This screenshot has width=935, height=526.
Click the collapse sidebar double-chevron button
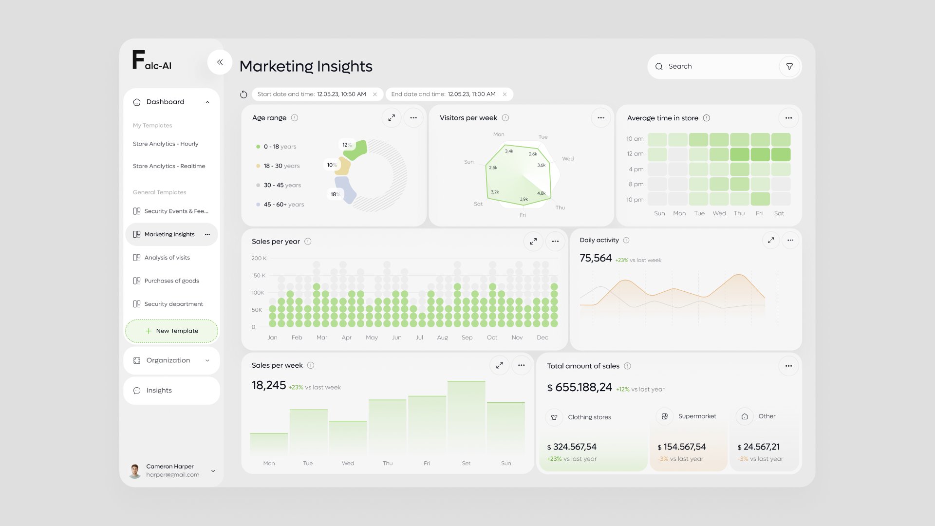220,62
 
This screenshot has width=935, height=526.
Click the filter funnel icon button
789,66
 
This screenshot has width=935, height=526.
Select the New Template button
171,331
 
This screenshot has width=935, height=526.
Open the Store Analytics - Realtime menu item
169,166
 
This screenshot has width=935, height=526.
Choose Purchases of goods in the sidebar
171,281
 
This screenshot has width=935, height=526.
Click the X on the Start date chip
375,94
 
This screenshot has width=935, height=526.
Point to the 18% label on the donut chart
335,194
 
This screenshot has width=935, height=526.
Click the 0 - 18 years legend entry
276,147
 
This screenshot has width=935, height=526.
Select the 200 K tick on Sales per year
259,258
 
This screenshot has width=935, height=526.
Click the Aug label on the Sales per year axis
442,338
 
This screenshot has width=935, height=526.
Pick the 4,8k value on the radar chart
541,193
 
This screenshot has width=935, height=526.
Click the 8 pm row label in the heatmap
636,184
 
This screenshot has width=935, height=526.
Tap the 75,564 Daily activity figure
596,258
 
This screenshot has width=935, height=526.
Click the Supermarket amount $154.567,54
682,447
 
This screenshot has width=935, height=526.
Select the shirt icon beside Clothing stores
554,417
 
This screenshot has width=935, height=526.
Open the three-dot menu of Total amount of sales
788,366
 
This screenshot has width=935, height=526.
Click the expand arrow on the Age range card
391,118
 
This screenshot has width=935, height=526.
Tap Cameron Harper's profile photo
135,470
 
